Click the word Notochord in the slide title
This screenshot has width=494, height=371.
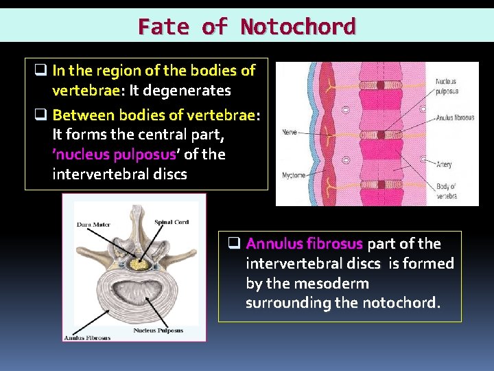point(298,27)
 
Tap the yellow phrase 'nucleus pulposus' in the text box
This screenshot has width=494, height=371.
point(114,154)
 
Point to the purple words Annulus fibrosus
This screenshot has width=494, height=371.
point(304,244)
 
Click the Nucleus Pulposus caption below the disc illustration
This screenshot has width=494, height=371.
point(158,330)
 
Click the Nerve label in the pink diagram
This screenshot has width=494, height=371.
point(289,133)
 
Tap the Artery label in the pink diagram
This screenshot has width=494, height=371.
point(444,164)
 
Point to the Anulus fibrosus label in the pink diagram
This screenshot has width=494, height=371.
point(455,117)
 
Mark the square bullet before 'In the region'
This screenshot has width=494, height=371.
point(40,70)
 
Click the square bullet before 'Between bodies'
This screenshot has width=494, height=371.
point(40,114)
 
